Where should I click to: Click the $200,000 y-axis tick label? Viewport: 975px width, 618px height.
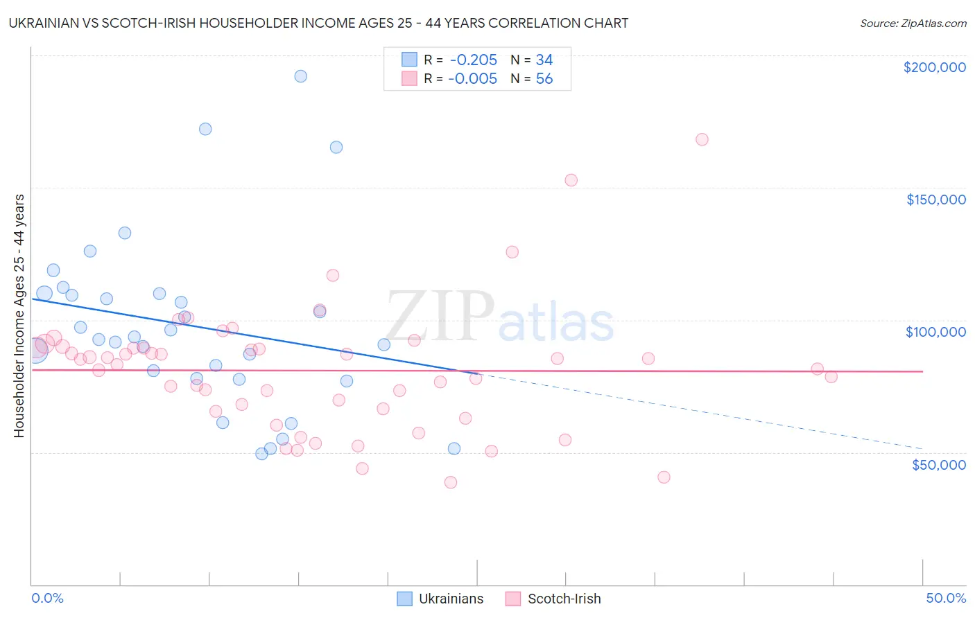(x=934, y=67)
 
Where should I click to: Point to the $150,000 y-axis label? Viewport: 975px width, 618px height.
(x=935, y=200)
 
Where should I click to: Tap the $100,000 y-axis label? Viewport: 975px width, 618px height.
(x=935, y=332)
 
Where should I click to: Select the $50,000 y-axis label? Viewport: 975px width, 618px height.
(x=938, y=464)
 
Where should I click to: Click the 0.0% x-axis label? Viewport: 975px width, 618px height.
(x=48, y=598)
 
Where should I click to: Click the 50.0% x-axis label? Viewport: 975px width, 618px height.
(x=946, y=598)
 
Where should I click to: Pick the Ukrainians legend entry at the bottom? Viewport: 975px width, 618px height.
(x=440, y=599)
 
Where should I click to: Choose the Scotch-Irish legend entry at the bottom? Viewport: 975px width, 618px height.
(x=553, y=599)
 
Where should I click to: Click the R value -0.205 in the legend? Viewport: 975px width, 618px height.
(x=473, y=60)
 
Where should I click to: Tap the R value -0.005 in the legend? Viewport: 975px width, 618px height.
(x=473, y=79)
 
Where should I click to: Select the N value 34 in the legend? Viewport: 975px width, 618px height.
(x=544, y=60)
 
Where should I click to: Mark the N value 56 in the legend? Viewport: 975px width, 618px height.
(x=544, y=79)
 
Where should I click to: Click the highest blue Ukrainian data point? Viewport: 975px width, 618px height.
(x=301, y=76)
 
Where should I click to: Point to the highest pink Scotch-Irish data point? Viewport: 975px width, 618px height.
(x=702, y=139)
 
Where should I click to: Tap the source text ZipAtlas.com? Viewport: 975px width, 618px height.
(x=913, y=24)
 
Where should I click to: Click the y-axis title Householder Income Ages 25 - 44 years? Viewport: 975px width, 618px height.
(x=19, y=316)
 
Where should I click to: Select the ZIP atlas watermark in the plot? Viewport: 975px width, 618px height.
(x=499, y=317)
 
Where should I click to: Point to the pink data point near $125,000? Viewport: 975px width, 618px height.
(x=512, y=252)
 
